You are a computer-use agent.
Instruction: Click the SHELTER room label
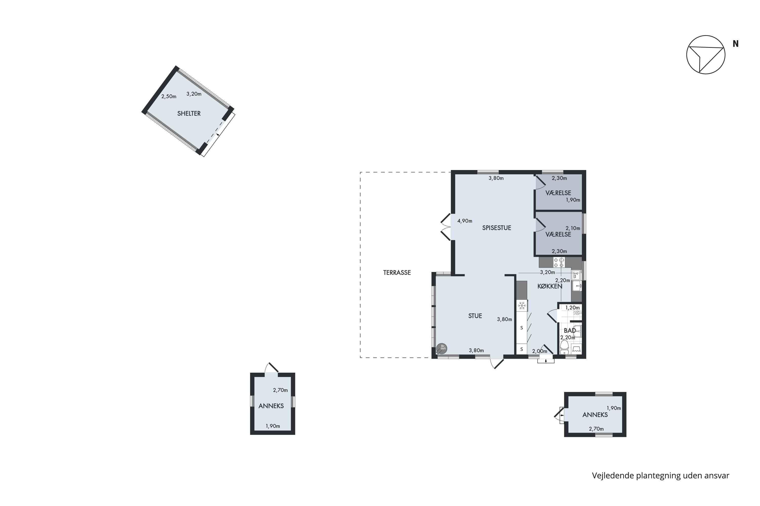(x=189, y=114)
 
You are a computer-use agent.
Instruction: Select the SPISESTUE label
(x=497, y=228)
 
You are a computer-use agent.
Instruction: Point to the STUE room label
(x=475, y=316)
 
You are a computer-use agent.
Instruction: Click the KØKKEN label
(x=550, y=286)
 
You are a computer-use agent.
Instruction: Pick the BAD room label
(x=570, y=330)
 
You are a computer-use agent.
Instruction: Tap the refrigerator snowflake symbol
(x=522, y=306)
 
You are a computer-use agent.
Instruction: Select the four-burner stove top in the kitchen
(x=559, y=262)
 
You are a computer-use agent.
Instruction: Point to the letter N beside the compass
(x=736, y=44)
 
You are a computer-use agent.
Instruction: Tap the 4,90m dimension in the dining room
(x=465, y=221)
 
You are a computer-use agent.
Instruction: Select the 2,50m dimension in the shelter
(x=169, y=96)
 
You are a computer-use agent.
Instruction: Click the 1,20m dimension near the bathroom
(x=573, y=308)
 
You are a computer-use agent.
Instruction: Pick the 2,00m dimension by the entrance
(x=540, y=351)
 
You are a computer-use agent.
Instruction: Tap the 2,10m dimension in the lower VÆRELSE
(x=573, y=228)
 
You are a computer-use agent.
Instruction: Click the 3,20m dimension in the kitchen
(x=547, y=272)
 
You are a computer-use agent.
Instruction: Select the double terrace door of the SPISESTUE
(x=446, y=227)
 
